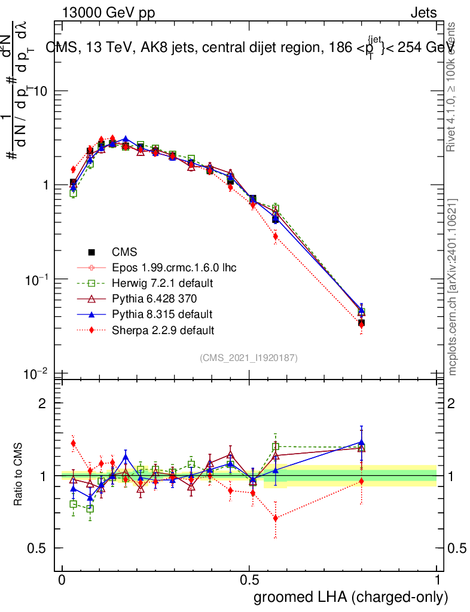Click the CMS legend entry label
pyautogui.click(x=125, y=252)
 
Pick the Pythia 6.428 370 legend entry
pyautogui.click(x=154, y=298)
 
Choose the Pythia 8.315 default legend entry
pyautogui.click(x=162, y=314)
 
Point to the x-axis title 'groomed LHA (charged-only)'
pyautogui.click(x=351, y=597)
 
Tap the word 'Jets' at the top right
pyautogui.click(x=423, y=13)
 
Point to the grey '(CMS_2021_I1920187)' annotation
pyautogui.click(x=249, y=357)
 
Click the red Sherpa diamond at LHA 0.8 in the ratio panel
pyautogui.click(x=361, y=481)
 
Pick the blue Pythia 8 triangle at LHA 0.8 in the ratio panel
pyautogui.click(x=361, y=442)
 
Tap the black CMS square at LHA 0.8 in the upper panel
pyautogui.click(x=361, y=323)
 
